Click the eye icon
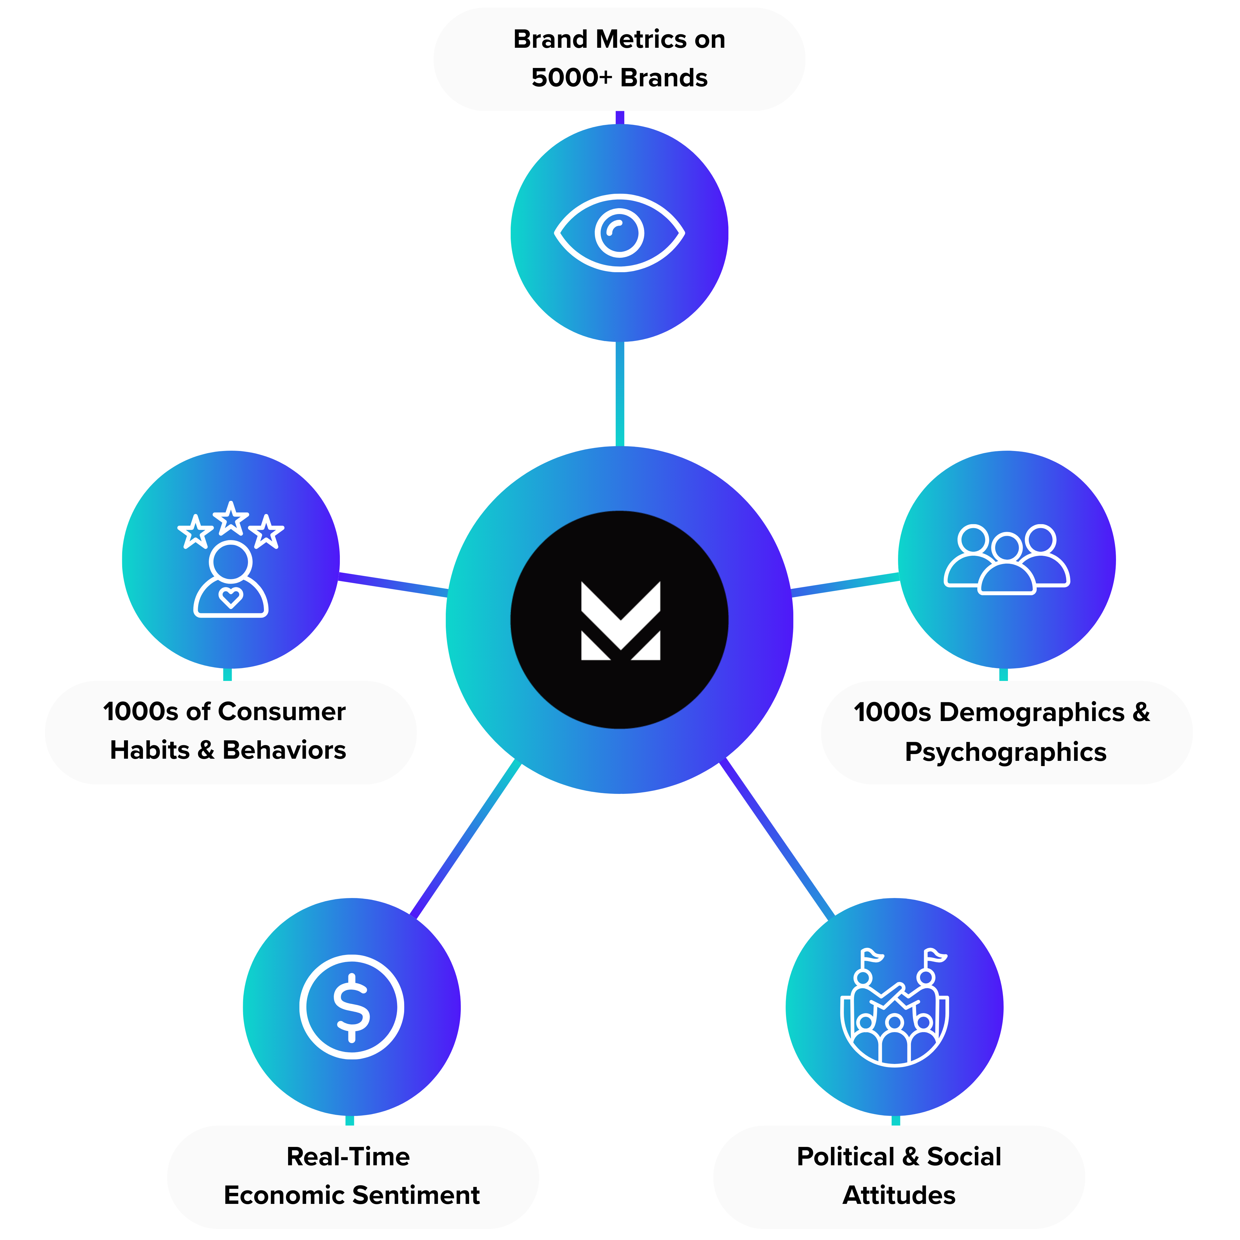[619, 232]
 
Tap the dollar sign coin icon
[352, 1006]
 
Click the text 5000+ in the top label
[571, 78]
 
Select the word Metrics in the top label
[641, 39]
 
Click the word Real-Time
[348, 1156]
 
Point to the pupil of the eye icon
[619, 232]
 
